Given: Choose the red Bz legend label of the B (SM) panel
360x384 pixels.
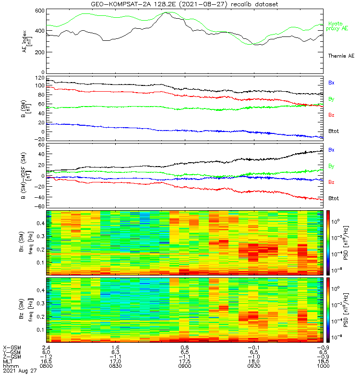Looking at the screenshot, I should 331,115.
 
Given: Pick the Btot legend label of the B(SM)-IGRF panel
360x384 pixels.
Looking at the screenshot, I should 333,198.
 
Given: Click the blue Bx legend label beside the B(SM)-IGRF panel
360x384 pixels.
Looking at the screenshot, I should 331,150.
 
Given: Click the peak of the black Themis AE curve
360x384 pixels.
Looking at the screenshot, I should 167,13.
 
